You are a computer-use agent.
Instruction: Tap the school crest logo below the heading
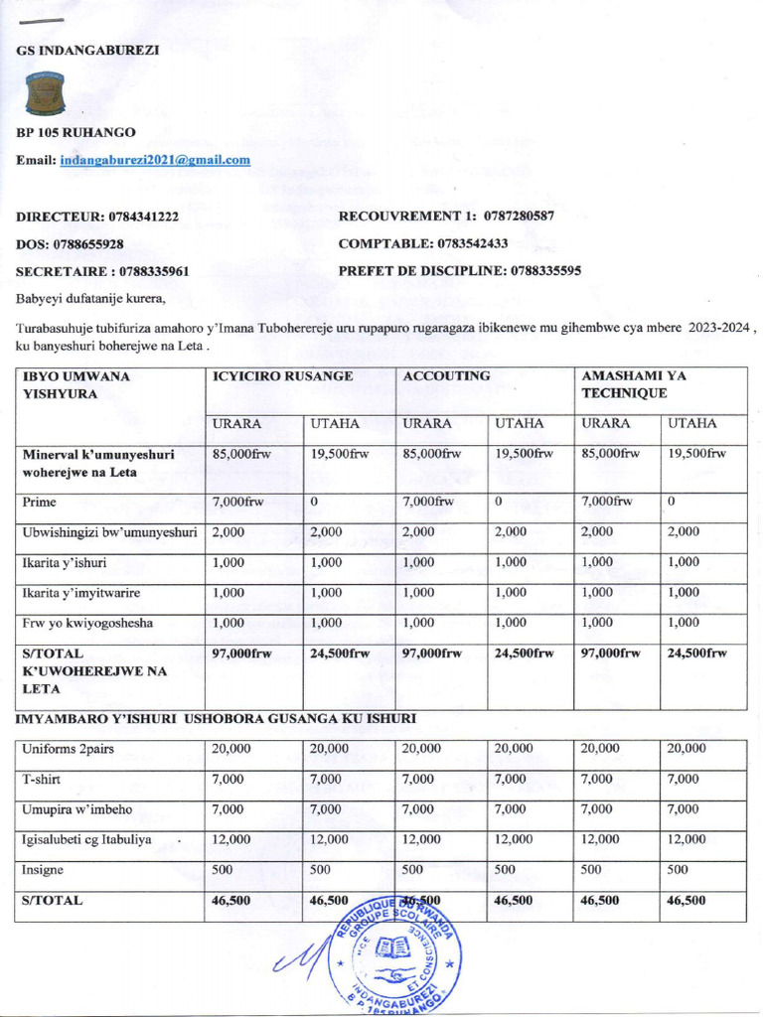coord(45,93)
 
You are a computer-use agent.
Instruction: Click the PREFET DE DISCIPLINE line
coord(460,270)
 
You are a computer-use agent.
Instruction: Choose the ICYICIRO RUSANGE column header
coord(282,376)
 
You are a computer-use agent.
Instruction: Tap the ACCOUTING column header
coord(446,376)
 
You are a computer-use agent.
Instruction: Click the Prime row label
coord(40,502)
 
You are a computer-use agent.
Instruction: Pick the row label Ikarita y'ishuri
coord(65,562)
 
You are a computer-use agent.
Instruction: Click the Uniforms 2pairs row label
coord(68,748)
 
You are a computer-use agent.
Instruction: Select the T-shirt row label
coord(44,779)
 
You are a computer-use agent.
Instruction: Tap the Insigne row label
coord(43,869)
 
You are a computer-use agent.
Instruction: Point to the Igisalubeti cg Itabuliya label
coord(87,839)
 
